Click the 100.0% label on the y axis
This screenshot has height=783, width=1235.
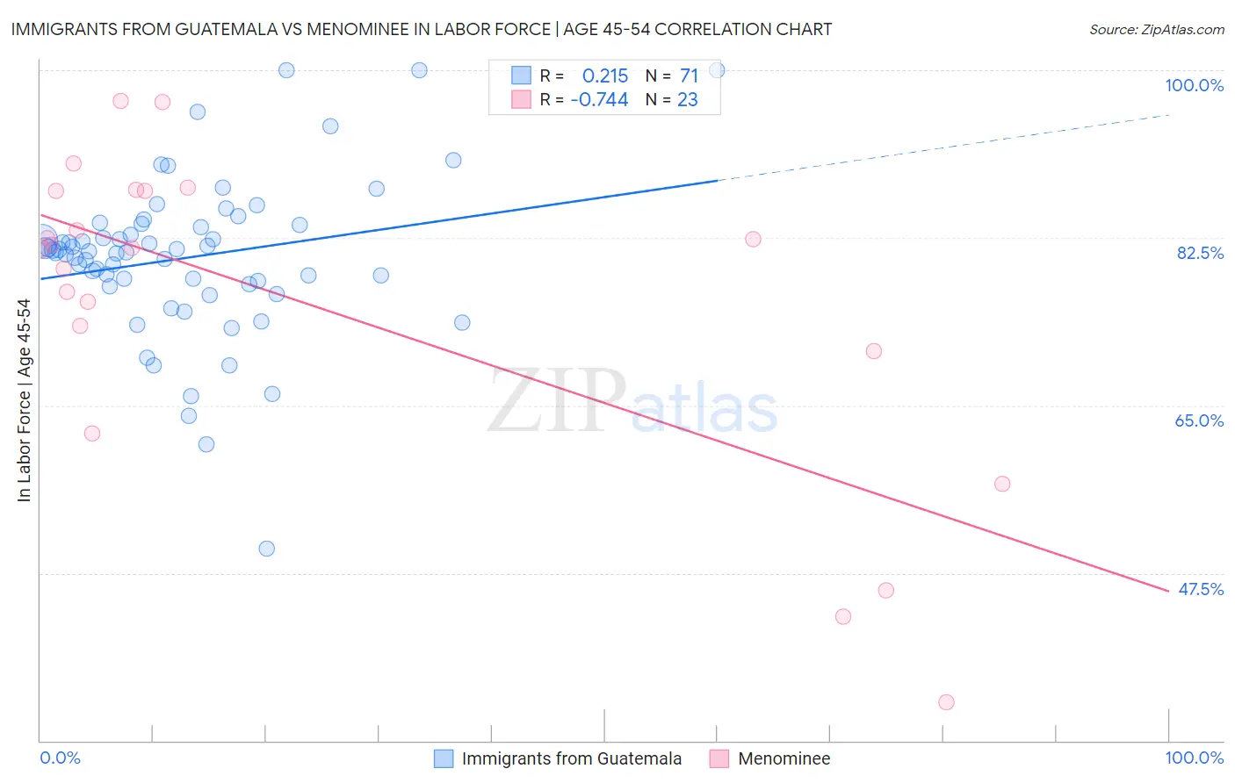click(1194, 85)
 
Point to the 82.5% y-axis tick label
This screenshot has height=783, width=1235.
click(1200, 253)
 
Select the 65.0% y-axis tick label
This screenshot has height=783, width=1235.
click(1199, 420)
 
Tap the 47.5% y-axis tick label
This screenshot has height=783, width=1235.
click(1201, 589)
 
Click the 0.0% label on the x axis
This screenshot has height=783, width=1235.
click(60, 758)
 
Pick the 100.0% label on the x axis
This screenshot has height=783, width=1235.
click(1194, 758)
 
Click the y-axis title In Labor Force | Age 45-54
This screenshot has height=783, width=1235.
click(24, 400)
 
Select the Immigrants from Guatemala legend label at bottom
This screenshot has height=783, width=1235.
click(571, 758)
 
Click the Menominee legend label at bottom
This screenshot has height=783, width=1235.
click(784, 758)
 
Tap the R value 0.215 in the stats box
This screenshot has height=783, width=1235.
click(605, 76)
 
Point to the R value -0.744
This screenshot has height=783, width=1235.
click(599, 100)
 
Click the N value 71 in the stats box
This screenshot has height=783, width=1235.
click(689, 76)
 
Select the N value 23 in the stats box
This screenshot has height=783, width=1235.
click(687, 100)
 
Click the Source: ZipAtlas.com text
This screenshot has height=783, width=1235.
click(1156, 30)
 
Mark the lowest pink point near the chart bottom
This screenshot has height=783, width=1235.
click(946, 702)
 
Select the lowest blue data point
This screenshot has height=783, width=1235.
click(267, 549)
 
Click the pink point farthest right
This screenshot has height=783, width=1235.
click(1002, 484)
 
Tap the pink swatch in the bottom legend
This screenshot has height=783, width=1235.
click(719, 758)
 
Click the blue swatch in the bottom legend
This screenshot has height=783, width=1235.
click(444, 758)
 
